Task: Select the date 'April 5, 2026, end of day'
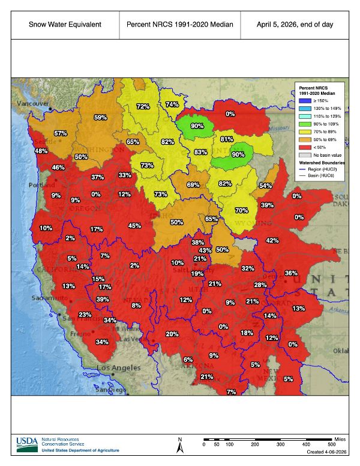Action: pyautogui.click(x=295, y=25)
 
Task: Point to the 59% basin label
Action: pyautogui.click(x=100, y=118)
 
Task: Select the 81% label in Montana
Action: pyautogui.click(x=226, y=139)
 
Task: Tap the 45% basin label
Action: pyautogui.click(x=134, y=226)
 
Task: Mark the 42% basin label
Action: pyautogui.click(x=272, y=241)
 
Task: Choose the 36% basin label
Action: pyautogui.click(x=291, y=273)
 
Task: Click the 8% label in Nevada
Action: pyautogui.click(x=136, y=306)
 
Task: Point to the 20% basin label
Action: pyautogui.click(x=172, y=334)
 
